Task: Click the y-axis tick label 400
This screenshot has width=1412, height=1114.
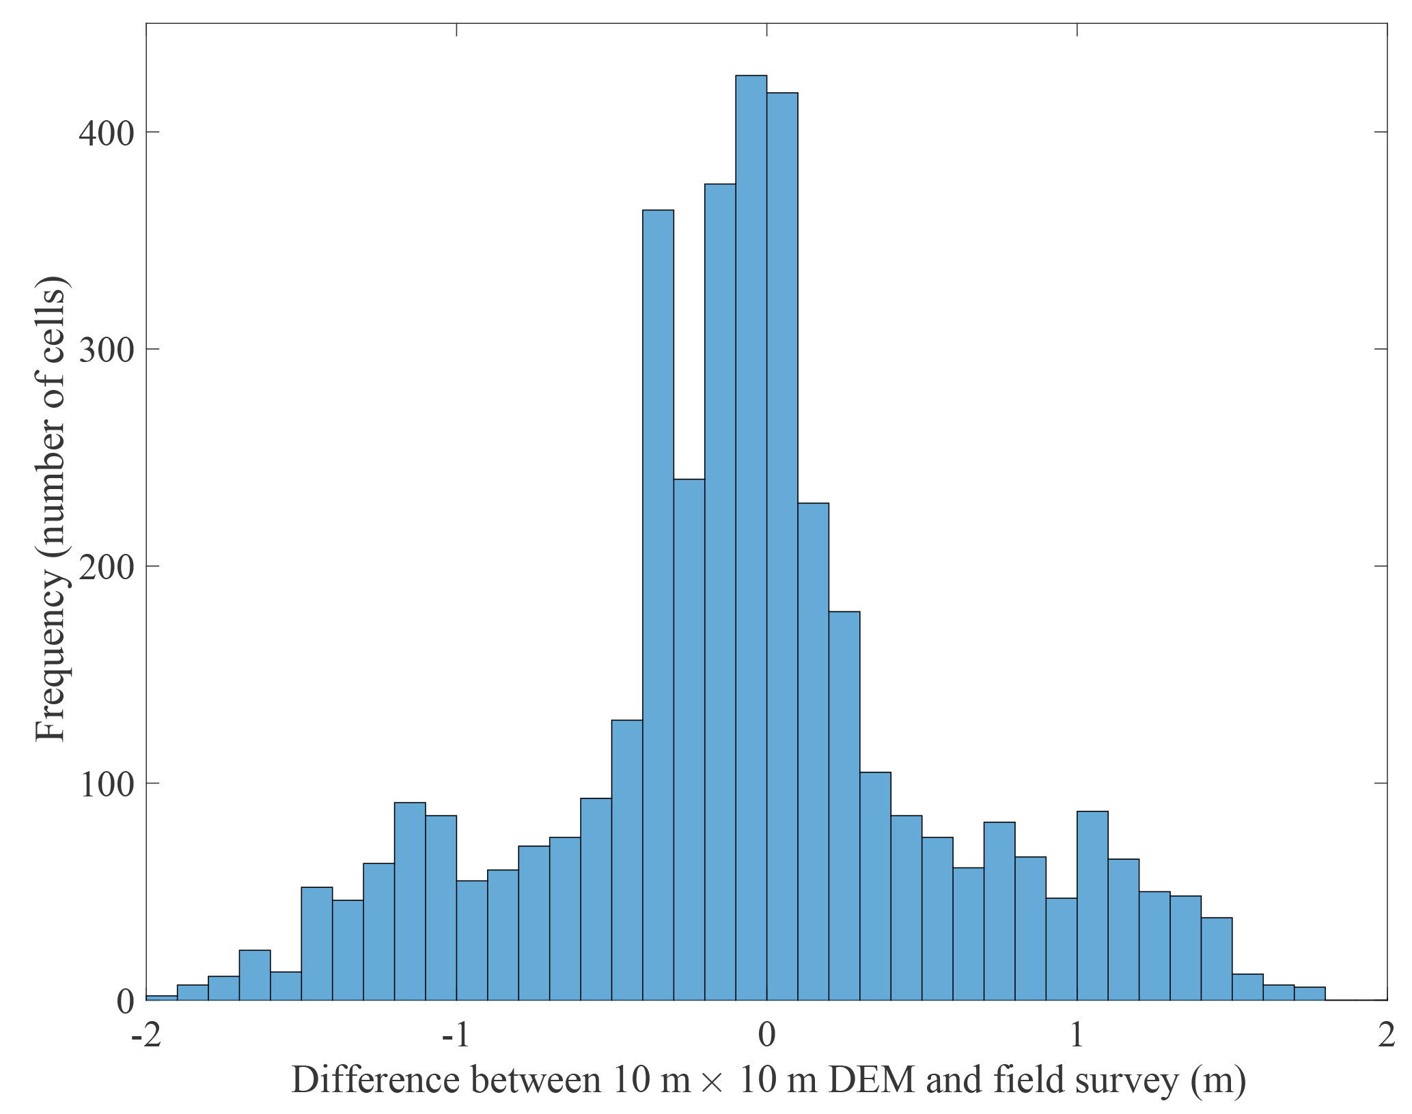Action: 107,133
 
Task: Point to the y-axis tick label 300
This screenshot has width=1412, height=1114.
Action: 107,350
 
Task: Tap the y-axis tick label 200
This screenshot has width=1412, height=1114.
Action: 107,567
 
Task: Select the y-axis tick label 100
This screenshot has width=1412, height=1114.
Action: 107,784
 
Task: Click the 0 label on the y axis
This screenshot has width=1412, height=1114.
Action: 125,1001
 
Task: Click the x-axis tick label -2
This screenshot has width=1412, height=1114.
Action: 146,1035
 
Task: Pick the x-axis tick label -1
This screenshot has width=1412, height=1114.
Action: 456,1035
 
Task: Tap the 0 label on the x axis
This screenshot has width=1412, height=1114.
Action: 766,1035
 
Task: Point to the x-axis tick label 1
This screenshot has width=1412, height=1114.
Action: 1077,1035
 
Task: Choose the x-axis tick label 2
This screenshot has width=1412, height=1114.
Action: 1386,1035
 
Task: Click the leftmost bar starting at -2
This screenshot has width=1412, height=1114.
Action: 161,998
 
